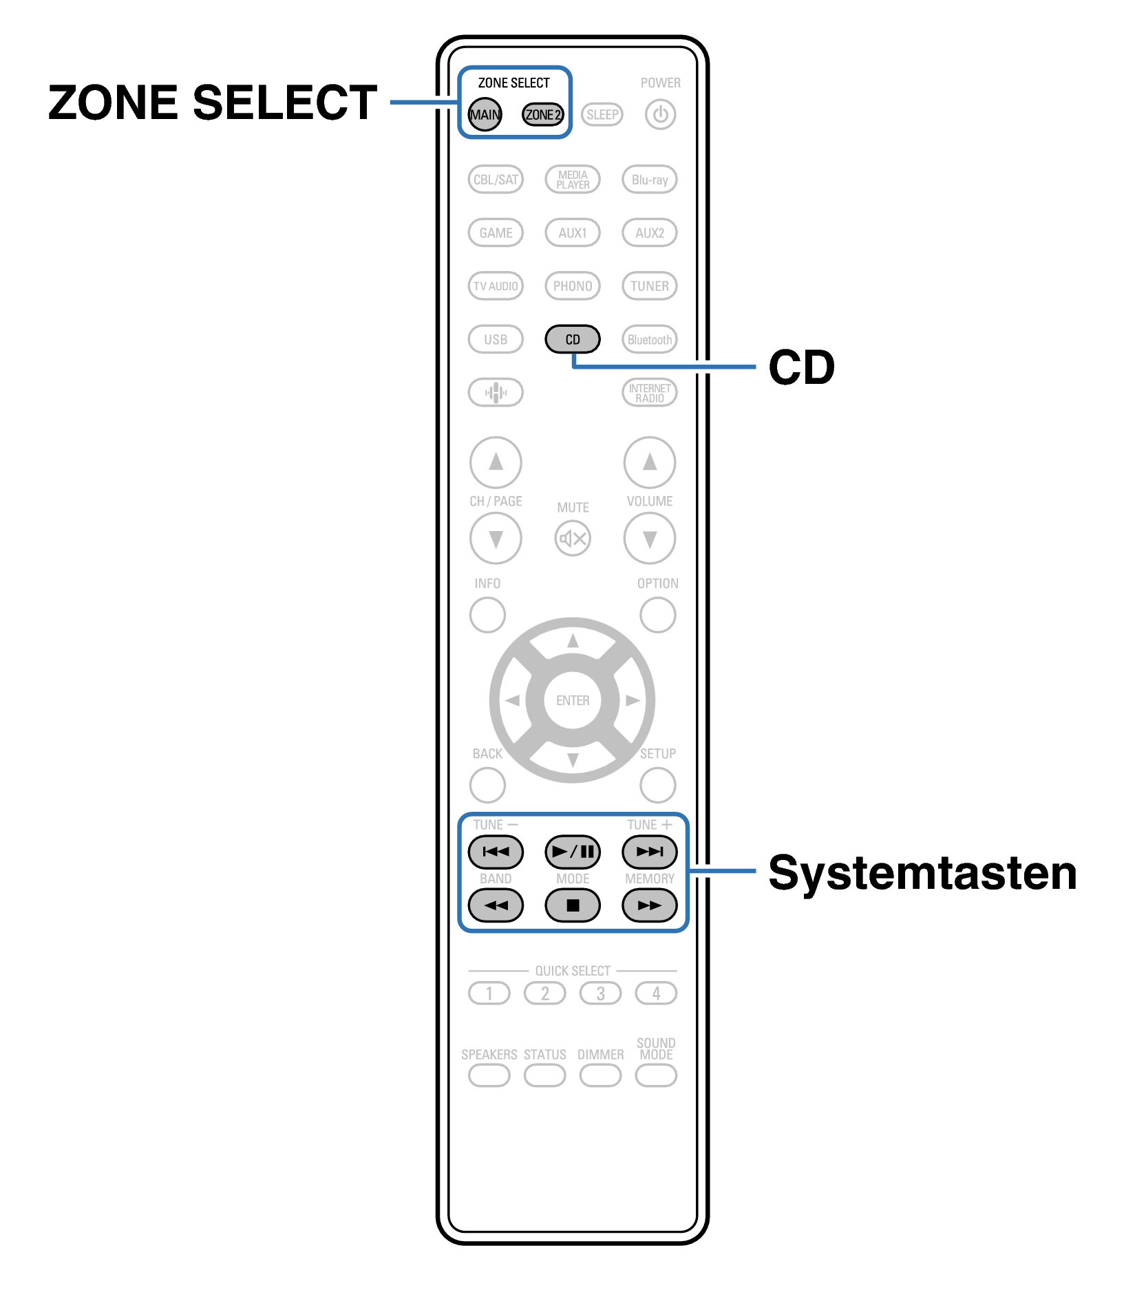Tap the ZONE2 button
tap(542, 114)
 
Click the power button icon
tap(660, 114)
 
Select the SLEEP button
tap(602, 114)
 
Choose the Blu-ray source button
tap(649, 180)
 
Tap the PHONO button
tap(572, 286)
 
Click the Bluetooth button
tap(649, 339)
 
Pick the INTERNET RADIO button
tap(649, 393)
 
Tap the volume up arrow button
tap(649, 462)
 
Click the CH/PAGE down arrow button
tap(496, 538)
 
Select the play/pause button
tap(572, 852)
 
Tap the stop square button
tap(572, 905)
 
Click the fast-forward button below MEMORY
tap(649, 905)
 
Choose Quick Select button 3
tap(600, 993)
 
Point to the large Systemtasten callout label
tap(922, 872)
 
